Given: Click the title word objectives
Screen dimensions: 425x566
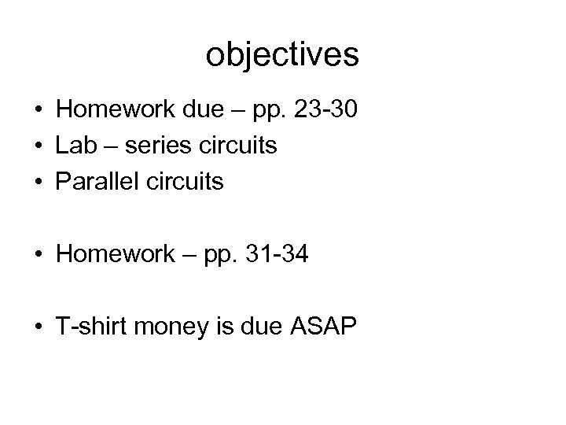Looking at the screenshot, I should coord(283,54).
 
